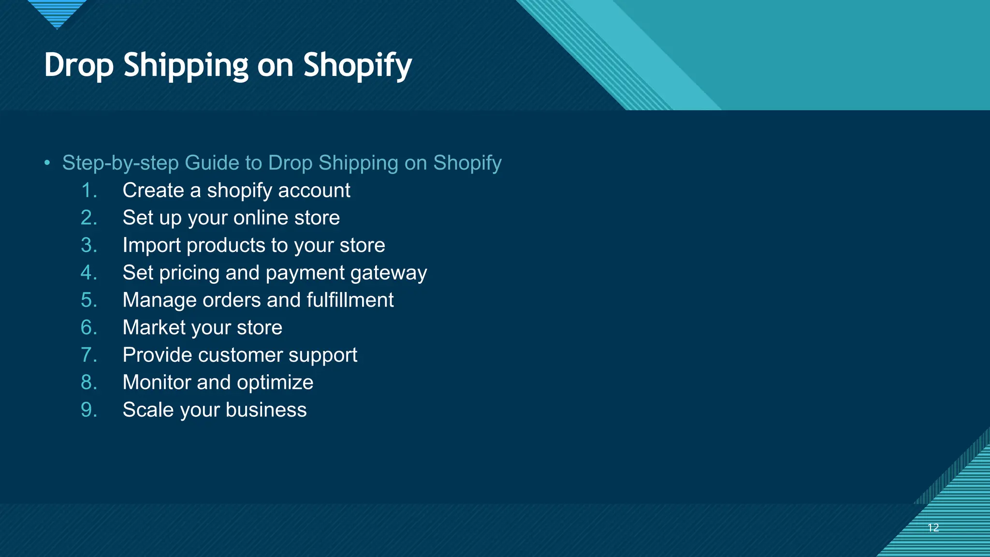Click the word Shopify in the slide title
coord(357,66)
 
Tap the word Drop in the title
coord(79,66)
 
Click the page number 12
coord(933,528)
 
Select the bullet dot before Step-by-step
coord(47,163)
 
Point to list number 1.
coord(88,191)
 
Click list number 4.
coord(88,273)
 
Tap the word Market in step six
coord(154,328)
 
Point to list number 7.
coord(88,355)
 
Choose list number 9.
coord(88,410)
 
